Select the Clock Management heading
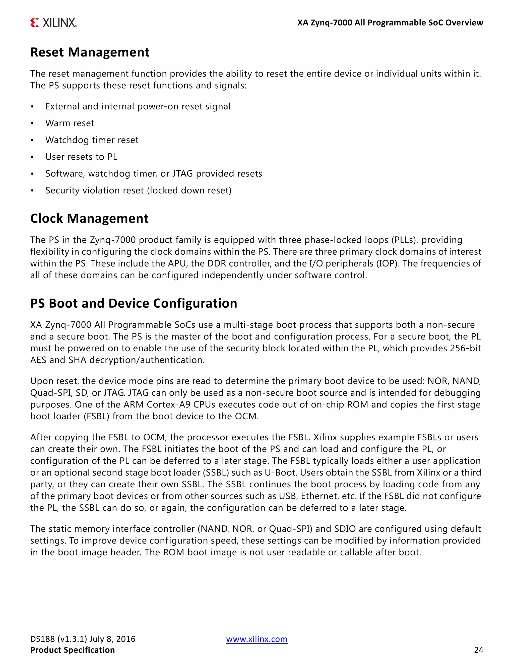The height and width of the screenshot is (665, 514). (89, 218)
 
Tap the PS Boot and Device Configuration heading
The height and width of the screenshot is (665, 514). (134, 303)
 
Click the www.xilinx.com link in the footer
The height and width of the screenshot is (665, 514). (257, 639)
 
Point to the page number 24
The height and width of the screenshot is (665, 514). (479, 650)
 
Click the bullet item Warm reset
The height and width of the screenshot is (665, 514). (70, 123)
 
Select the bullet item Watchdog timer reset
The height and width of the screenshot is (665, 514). (92, 140)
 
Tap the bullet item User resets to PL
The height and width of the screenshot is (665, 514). (81, 157)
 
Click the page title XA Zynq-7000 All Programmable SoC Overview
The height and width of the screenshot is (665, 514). (390, 23)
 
